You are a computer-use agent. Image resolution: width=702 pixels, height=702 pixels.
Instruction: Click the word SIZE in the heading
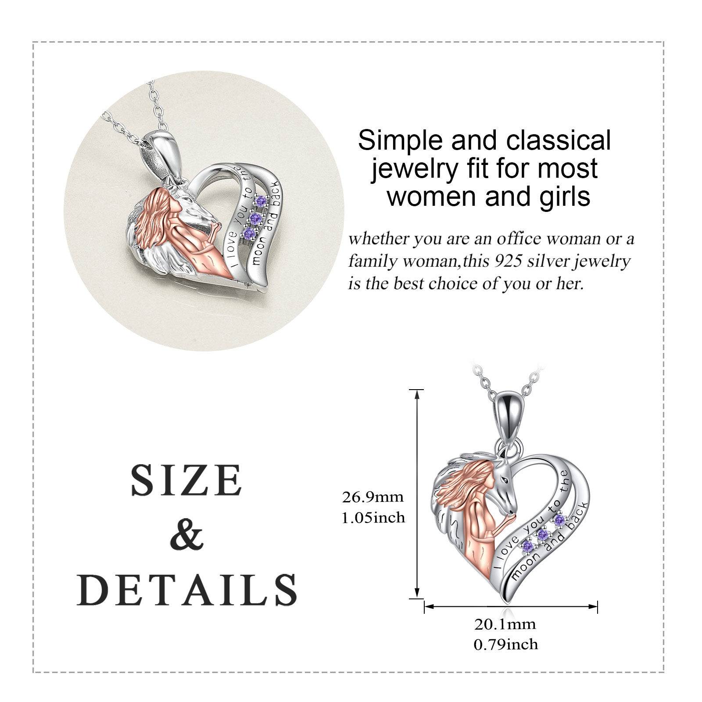[x=186, y=480]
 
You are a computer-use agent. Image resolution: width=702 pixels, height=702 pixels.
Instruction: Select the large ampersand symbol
[x=187, y=535]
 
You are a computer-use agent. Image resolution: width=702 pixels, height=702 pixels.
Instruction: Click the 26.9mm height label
[x=373, y=498]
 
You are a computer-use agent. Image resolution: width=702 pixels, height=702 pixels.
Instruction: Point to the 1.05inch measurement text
[x=373, y=518]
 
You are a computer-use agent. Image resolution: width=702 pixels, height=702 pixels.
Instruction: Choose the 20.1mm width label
[x=505, y=624]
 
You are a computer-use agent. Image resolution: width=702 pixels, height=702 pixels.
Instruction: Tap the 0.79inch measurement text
[x=505, y=644]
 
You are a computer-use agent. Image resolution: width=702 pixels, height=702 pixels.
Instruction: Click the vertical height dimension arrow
[x=417, y=494]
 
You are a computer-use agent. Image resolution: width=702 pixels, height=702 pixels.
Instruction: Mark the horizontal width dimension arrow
[x=511, y=607]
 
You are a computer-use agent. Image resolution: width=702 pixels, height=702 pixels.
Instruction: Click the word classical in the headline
[x=559, y=141]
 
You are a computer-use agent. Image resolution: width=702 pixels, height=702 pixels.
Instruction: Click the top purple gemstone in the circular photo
[x=261, y=201]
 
